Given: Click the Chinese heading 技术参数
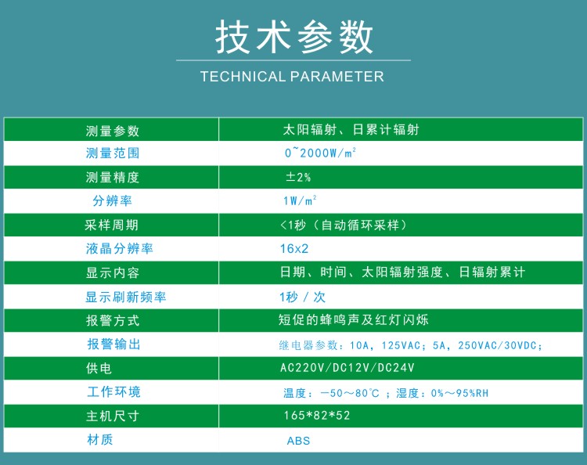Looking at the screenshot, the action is coord(293,37).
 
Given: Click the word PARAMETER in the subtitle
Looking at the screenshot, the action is coord(337,77).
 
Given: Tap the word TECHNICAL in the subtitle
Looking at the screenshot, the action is coord(243,77).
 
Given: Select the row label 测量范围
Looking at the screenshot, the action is coord(113,153).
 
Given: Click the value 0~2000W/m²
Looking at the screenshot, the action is coord(320,153).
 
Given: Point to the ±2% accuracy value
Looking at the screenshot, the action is coord(298,177).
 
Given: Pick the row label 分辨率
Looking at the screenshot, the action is coord(112,200).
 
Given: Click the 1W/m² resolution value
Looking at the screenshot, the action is coord(300,200).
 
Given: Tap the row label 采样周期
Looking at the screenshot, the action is coord(112,225).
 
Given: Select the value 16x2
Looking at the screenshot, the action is coord(294,249).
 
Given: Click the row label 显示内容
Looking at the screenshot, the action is coord(113,272).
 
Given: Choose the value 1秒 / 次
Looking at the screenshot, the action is coord(302,297).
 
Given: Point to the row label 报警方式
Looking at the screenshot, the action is coord(113,320).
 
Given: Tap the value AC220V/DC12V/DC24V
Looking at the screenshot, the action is coord(348,368).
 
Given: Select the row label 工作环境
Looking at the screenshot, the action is coord(113,391).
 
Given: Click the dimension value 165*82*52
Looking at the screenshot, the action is coord(317,415).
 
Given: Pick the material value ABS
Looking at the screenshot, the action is coord(298,441).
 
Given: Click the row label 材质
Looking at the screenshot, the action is coord(100,439).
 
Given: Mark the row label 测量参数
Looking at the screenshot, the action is coord(113,131).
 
